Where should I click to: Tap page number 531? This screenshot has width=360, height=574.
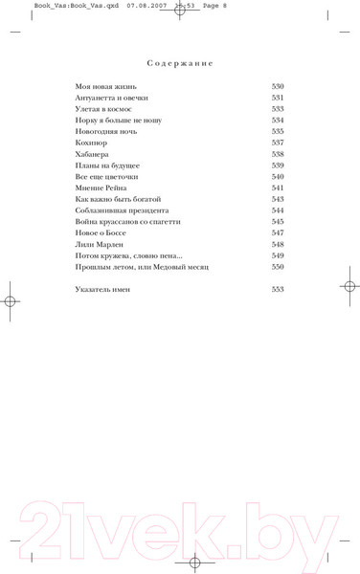(278, 99)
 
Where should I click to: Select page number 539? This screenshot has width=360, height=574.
(278, 166)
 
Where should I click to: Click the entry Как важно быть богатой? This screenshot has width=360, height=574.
(112, 199)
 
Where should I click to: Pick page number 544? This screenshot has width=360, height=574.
(278, 210)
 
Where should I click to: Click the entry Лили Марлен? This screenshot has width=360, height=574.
(99, 244)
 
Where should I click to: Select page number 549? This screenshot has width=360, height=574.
(278, 255)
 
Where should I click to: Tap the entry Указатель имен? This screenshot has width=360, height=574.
(102, 289)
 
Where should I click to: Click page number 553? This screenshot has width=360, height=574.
(278, 289)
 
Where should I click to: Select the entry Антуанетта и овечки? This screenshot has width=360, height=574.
(111, 99)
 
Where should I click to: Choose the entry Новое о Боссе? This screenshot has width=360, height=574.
(101, 232)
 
